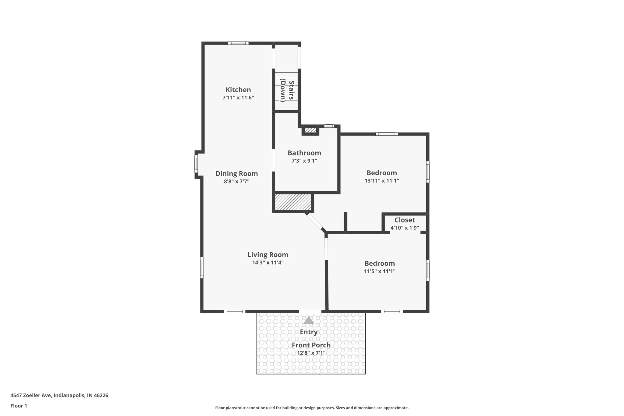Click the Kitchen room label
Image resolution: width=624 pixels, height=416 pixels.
point(238,90)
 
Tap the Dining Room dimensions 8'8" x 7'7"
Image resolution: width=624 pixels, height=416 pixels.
point(236,181)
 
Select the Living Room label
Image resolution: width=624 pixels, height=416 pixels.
point(268,254)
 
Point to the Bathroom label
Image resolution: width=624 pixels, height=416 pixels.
point(304,153)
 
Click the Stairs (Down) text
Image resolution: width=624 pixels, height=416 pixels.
point(287,90)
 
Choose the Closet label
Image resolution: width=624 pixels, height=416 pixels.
point(405,220)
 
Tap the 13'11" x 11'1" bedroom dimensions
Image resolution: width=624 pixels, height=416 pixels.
point(381,180)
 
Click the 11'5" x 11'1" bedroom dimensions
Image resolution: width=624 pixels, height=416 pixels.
point(379,271)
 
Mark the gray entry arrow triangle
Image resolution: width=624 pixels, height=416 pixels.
point(309,320)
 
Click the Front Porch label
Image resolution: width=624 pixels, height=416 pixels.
point(311,345)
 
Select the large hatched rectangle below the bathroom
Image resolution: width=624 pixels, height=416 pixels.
point(293,202)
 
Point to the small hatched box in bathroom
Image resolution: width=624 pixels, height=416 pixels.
point(310,130)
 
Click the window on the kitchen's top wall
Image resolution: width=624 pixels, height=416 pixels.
point(238,43)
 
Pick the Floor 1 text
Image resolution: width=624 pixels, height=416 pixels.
point(19,406)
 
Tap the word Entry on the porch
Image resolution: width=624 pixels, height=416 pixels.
point(309,332)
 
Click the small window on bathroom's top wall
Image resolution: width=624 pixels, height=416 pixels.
point(329,126)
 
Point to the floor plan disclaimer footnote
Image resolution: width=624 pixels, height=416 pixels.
point(312,408)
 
